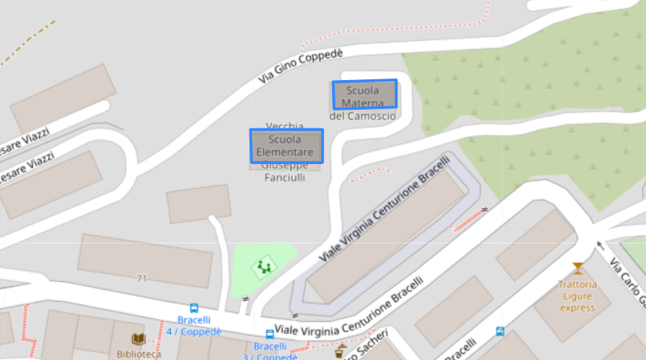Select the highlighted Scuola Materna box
365,95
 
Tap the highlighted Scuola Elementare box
285,145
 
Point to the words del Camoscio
362,116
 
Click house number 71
141,278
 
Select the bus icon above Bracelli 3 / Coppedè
270,334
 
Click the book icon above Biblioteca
138,339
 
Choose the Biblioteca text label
138,354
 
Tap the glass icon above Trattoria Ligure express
578,269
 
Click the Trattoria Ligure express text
577,296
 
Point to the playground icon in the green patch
264,267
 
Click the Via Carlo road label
628,284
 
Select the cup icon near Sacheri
339,351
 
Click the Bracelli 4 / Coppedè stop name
194,326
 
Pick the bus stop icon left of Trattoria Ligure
501,331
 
